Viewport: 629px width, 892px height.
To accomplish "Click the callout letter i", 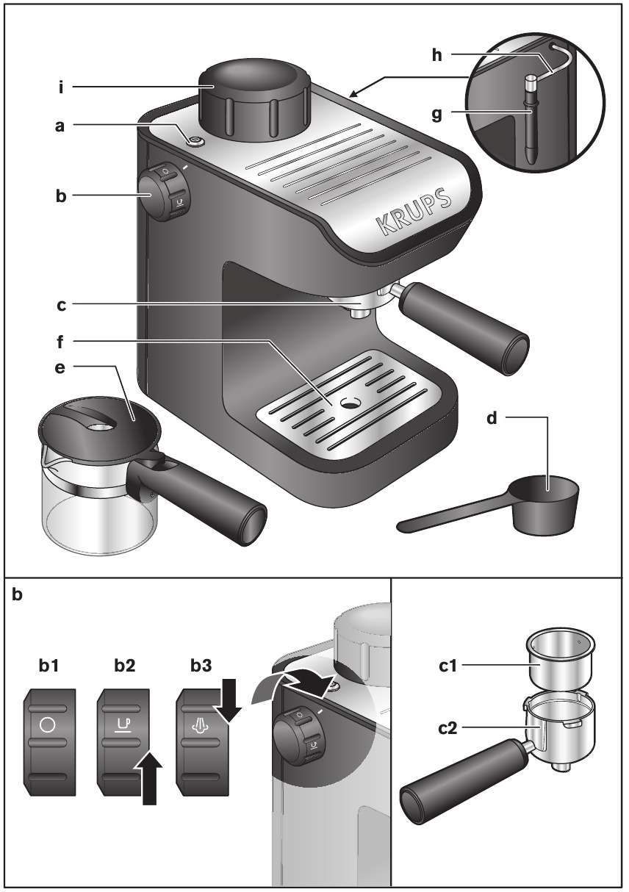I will [62, 87].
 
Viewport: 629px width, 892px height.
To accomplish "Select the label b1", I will [50, 666].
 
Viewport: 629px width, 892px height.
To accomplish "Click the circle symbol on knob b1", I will [48, 724].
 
